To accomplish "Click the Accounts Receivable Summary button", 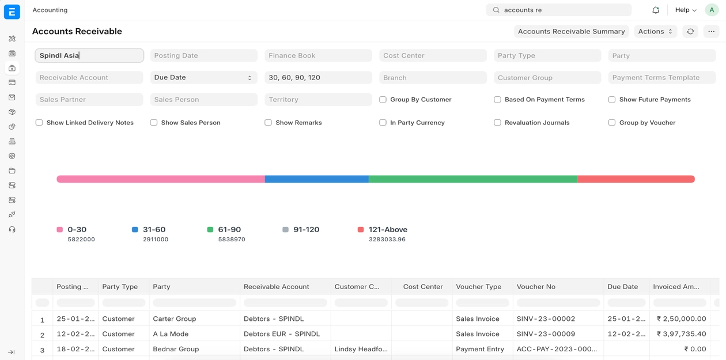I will coord(571,32).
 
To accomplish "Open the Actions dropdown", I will coord(655,32).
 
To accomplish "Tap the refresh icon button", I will coord(690,32).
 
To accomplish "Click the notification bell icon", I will coord(656,10).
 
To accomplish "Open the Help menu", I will coord(686,10).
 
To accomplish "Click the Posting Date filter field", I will coord(203,56).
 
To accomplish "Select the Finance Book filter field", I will coord(318,56).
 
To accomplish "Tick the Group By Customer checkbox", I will coord(383,100).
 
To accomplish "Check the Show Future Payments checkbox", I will coord(612,100).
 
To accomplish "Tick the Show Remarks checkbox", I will coord(269,123).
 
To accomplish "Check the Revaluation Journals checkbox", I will coord(497,123).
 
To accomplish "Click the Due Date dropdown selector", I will coord(203,78).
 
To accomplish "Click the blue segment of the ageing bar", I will coord(316,179).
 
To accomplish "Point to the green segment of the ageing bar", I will coord(472,179).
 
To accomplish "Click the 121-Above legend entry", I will coord(387,230).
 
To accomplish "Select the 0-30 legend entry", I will coord(77,230).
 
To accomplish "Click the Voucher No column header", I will coord(536,287).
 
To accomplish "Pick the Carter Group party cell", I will coord(175,319).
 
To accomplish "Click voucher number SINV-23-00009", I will coord(546,334).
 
